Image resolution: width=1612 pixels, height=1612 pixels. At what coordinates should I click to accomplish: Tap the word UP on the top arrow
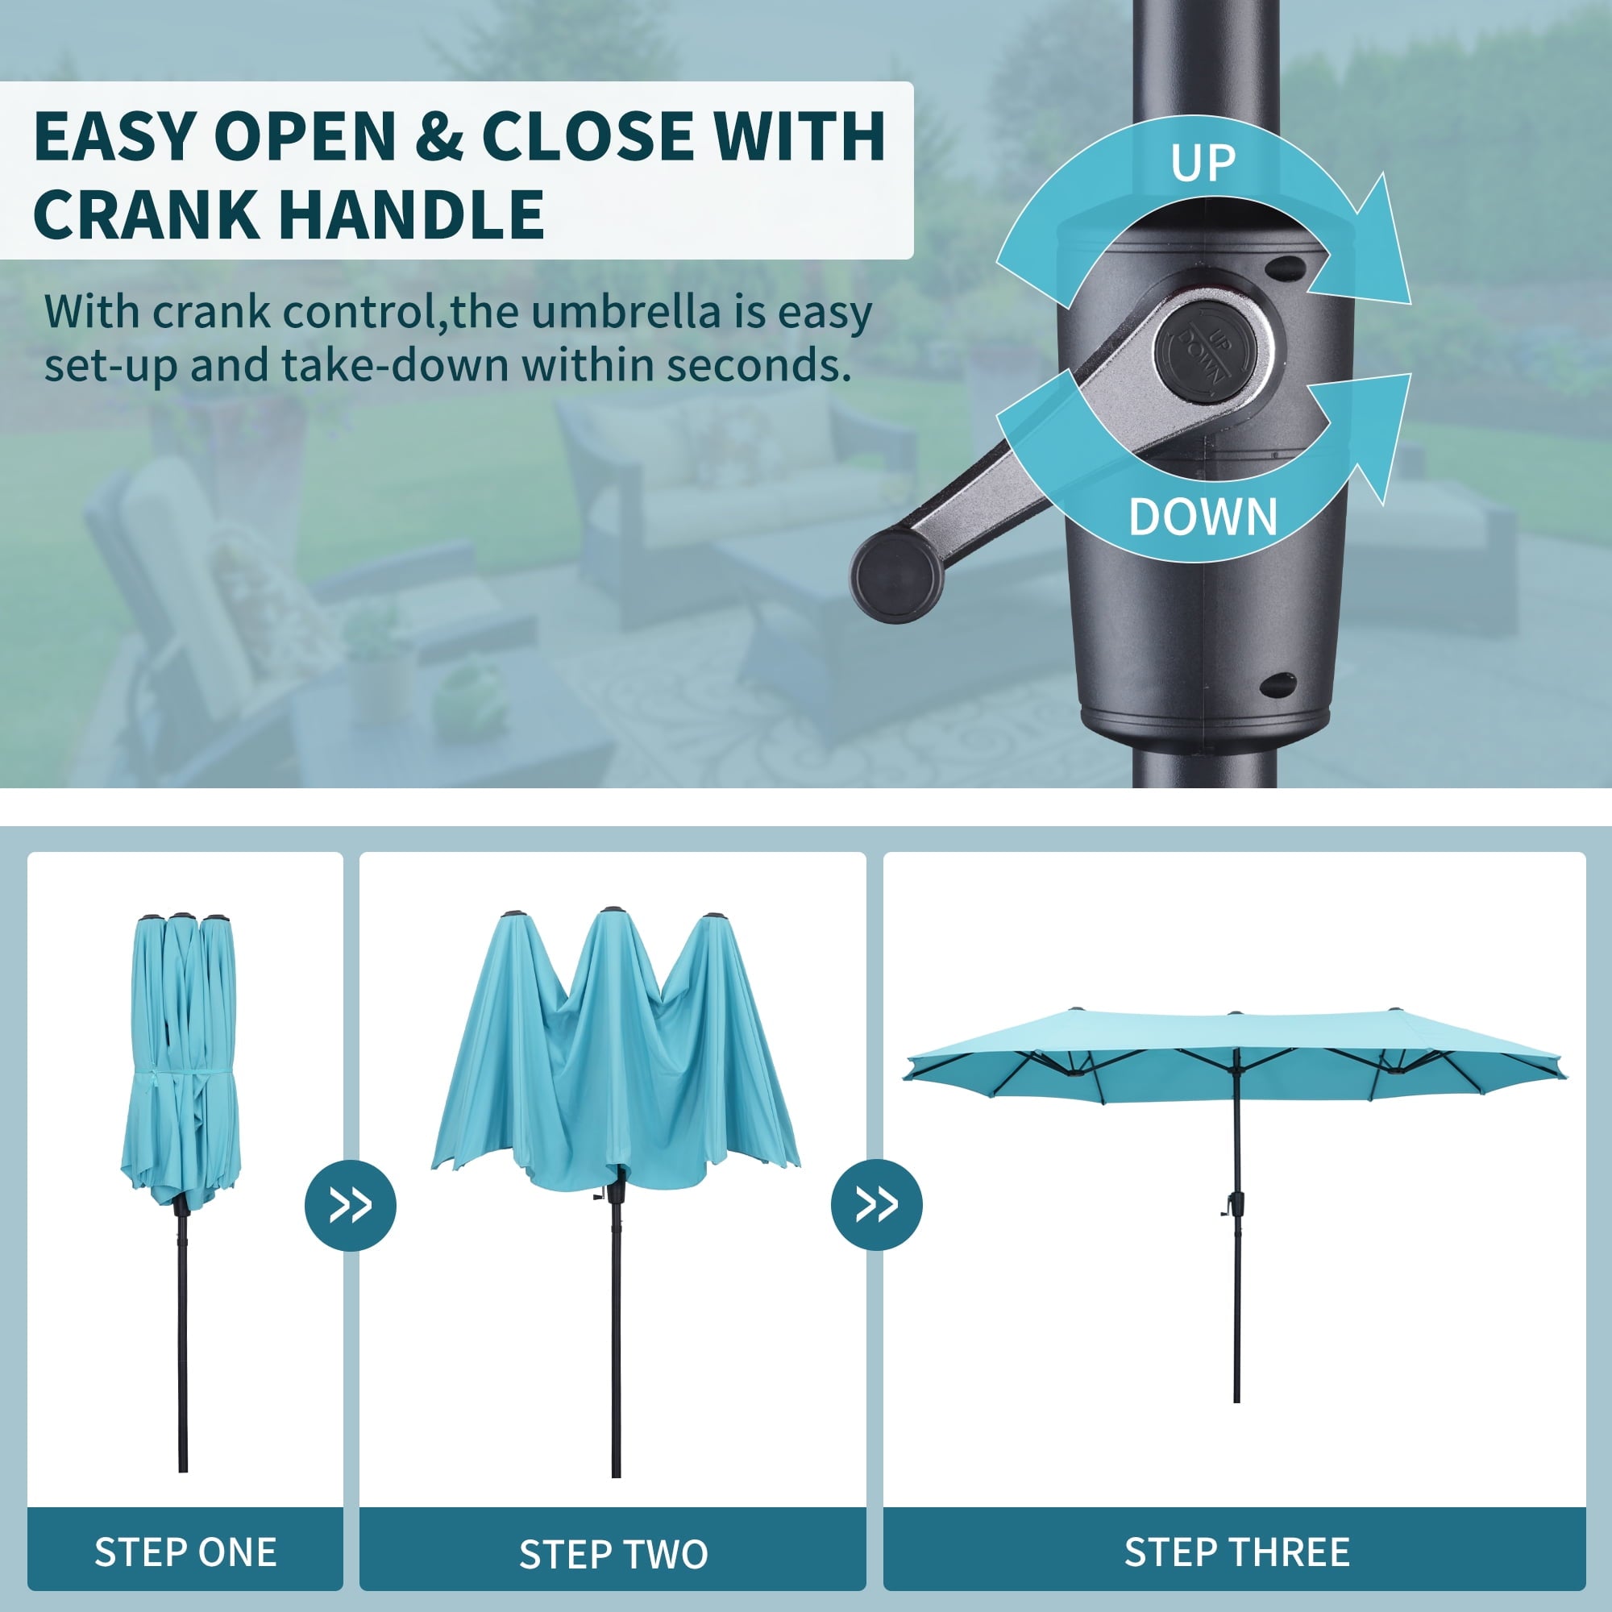[1203, 163]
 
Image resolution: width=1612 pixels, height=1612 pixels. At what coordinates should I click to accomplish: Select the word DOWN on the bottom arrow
[1203, 517]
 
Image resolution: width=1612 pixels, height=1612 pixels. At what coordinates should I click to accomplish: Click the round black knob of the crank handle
[897, 576]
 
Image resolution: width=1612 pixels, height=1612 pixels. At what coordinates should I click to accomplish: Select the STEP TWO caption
[613, 1555]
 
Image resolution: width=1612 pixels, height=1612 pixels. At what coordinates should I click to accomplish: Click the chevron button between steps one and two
[351, 1205]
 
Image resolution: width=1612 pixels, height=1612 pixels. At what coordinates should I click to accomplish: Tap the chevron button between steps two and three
[877, 1204]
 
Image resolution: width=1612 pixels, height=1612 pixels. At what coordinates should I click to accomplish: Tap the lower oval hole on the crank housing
[1278, 686]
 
